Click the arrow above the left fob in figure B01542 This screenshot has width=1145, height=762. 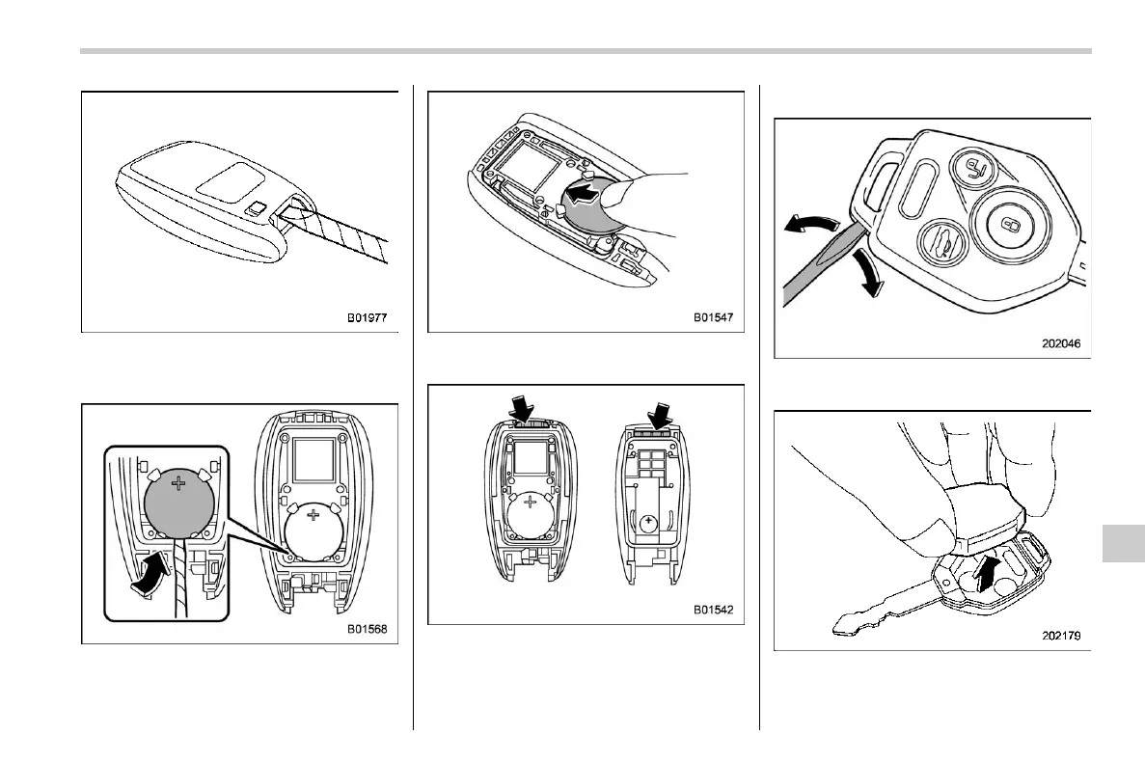click(522, 410)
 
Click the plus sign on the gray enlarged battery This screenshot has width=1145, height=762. click(177, 483)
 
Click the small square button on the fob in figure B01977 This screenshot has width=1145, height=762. click(256, 205)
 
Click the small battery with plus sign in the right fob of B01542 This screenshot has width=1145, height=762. click(651, 524)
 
